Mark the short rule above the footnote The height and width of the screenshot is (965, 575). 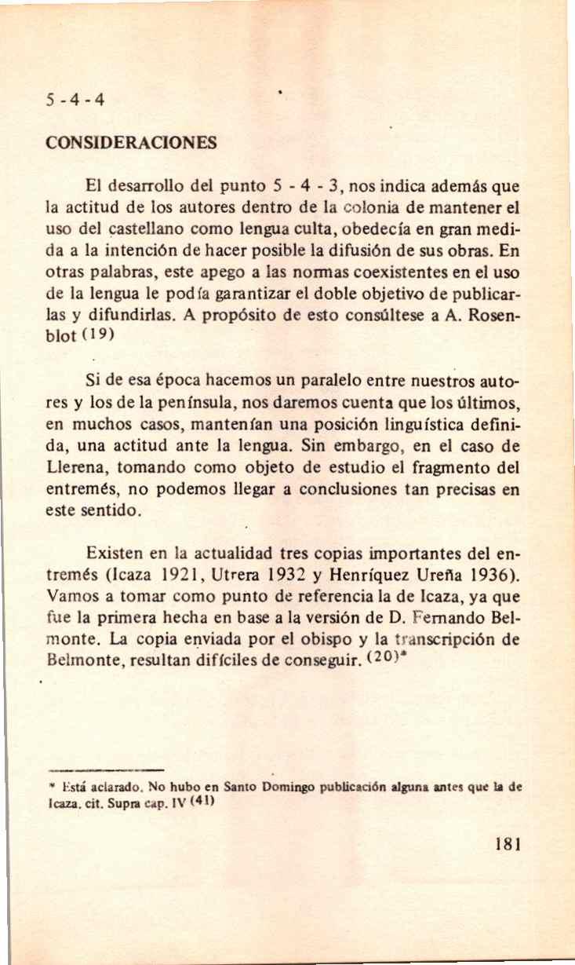click(x=104, y=770)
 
